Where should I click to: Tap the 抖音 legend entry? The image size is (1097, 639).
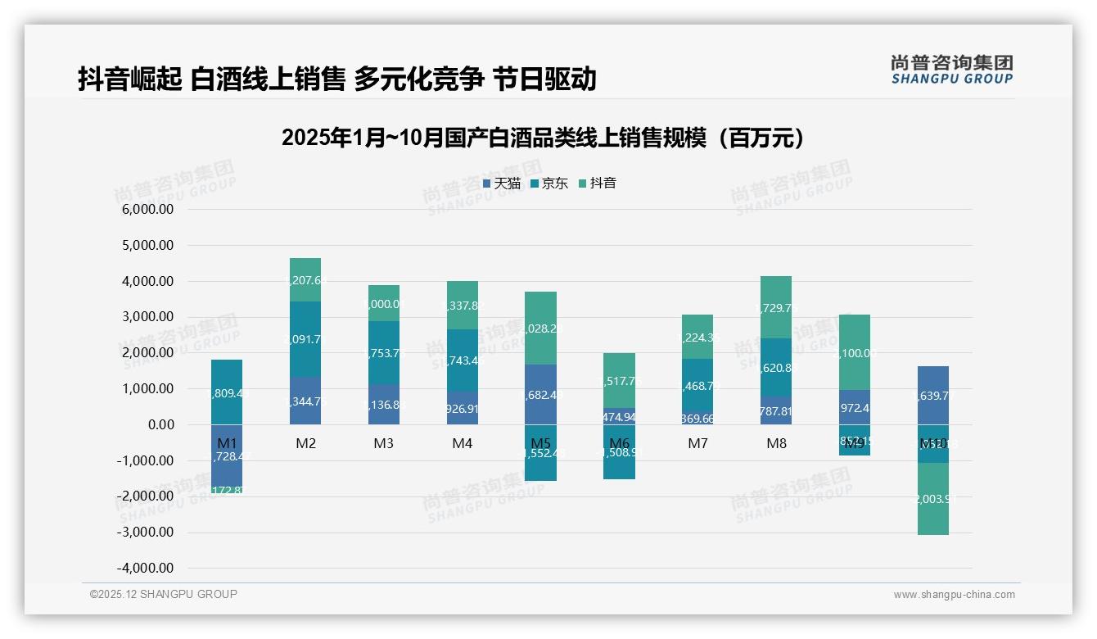pyautogui.click(x=598, y=184)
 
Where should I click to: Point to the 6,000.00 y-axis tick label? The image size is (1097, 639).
pyautogui.click(x=147, y=210)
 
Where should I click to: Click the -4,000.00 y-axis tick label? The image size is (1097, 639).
pyautogui.click(x=145, y=568)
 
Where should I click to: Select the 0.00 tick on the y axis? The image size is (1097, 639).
pyautogui.click(x=160, y=424)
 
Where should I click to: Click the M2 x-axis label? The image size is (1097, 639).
pyautogui.click(x=305, y=443)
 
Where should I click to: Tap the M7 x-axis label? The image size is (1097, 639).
pyautogui.click(x=697, y=443)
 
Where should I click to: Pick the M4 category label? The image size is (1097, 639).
pyautogui.click(x=463, y=443)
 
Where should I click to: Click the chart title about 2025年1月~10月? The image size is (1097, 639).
pyautogui.click(x=543, y=138)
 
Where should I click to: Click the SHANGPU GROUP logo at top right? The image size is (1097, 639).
pyautogui.click(x=951, y=70)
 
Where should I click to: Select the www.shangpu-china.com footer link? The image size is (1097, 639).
pyautogui.click(x=954, y=595)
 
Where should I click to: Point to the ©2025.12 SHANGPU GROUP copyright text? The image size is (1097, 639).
pyautogui.click(x=164, y=594)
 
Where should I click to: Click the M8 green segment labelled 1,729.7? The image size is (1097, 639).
pyautogui.click(x=776, y=307)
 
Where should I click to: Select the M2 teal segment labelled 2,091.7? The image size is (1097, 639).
pyautogui.click(x=305, y=339)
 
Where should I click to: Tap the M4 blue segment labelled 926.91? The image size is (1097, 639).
pyautogui.click(x=463, y=408)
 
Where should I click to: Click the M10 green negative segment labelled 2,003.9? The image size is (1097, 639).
pyautogui.click(x=933, y=499)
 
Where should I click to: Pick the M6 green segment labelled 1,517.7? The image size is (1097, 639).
pyautogui.click(x=619, y=380)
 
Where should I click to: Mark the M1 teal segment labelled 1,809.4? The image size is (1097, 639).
pyautogui.click(x=227, y=392)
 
